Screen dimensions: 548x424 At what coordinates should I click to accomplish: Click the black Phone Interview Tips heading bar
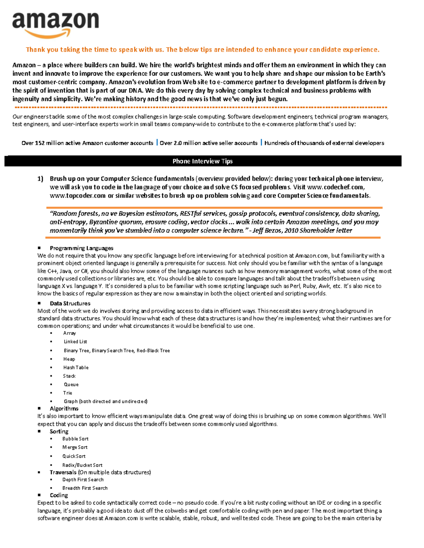203,161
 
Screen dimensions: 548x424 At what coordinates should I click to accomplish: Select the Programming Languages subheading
81,248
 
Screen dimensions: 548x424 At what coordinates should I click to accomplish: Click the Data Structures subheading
70,303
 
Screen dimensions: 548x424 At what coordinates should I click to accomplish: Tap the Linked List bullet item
75,342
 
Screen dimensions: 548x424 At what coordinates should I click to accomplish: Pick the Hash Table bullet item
76,367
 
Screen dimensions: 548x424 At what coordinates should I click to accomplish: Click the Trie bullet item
67,393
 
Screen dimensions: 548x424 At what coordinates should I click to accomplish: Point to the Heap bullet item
69,359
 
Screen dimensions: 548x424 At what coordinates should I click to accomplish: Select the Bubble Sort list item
75,439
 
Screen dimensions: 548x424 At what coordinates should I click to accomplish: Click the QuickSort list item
74,456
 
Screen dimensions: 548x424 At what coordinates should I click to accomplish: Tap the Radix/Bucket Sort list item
82,465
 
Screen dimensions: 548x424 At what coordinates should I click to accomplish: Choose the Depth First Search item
83,480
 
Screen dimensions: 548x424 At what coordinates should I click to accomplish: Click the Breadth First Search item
85,488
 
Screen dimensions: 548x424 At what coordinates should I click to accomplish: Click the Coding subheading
59,495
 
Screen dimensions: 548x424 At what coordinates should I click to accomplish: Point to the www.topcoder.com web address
78,195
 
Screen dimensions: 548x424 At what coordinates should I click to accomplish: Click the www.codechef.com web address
335,187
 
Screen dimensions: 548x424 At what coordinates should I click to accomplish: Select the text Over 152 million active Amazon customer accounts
87,143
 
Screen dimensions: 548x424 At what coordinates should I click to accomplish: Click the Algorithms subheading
64,409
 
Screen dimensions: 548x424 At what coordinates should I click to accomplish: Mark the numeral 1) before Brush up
40,179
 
